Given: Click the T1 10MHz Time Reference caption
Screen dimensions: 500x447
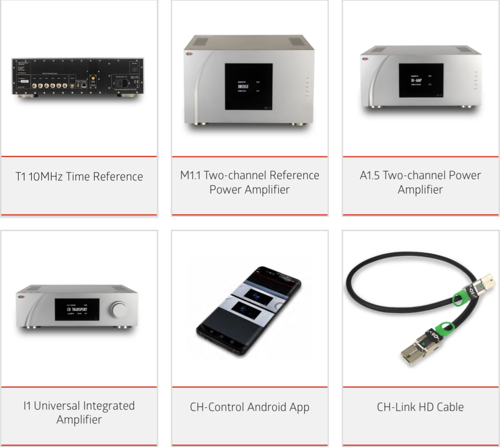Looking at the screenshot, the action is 79,176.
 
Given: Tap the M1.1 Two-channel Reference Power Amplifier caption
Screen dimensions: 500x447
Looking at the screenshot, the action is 250,182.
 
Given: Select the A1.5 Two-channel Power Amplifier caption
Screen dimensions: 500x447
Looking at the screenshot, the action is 421,182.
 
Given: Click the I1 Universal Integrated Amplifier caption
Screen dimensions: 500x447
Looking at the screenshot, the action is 79,412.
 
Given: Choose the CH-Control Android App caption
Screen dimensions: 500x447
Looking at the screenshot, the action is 250,407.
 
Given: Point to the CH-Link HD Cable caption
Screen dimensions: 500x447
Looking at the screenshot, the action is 421,407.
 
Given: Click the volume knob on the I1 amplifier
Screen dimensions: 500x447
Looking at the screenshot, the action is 120,310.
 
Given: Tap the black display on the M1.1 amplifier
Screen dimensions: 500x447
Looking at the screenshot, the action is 248,87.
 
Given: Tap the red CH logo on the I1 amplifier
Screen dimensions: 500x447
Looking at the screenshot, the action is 21,297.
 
